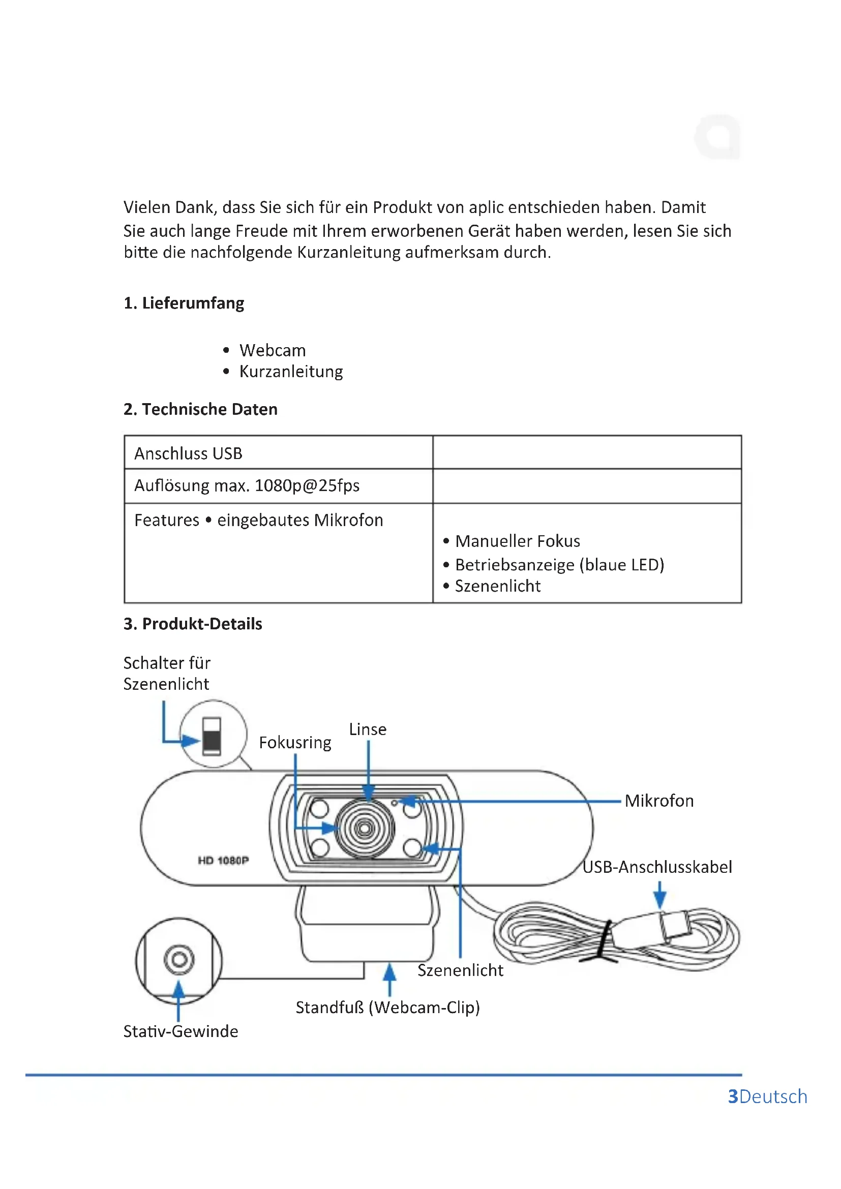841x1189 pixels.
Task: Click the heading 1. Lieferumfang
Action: (184, 303)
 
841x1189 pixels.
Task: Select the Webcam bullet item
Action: (272, 351)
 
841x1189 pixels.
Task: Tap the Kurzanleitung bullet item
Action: (290, 372)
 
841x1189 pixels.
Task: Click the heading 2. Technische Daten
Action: (200, 409)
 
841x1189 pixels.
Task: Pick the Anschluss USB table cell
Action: (188, 453)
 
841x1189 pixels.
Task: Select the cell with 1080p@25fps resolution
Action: (247, 486)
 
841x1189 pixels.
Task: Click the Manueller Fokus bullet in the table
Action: (517, 541)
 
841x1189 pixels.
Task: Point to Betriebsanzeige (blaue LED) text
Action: (559, 564)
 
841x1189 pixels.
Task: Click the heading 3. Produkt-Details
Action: (193, 624)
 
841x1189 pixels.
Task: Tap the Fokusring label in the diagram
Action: (295, 743)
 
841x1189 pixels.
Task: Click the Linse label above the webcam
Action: (367, 729)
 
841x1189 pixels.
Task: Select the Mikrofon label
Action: (658, 801)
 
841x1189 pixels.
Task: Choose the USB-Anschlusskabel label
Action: (656, 867)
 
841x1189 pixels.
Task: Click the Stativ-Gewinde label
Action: (180, 1031)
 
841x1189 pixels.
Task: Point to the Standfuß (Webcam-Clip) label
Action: (387, 1008)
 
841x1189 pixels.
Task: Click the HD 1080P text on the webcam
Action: (223, 861)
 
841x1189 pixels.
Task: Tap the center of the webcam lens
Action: (365, 829)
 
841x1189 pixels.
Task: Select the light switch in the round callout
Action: (212, 736)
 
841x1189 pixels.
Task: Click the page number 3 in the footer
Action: (732, 1097)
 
